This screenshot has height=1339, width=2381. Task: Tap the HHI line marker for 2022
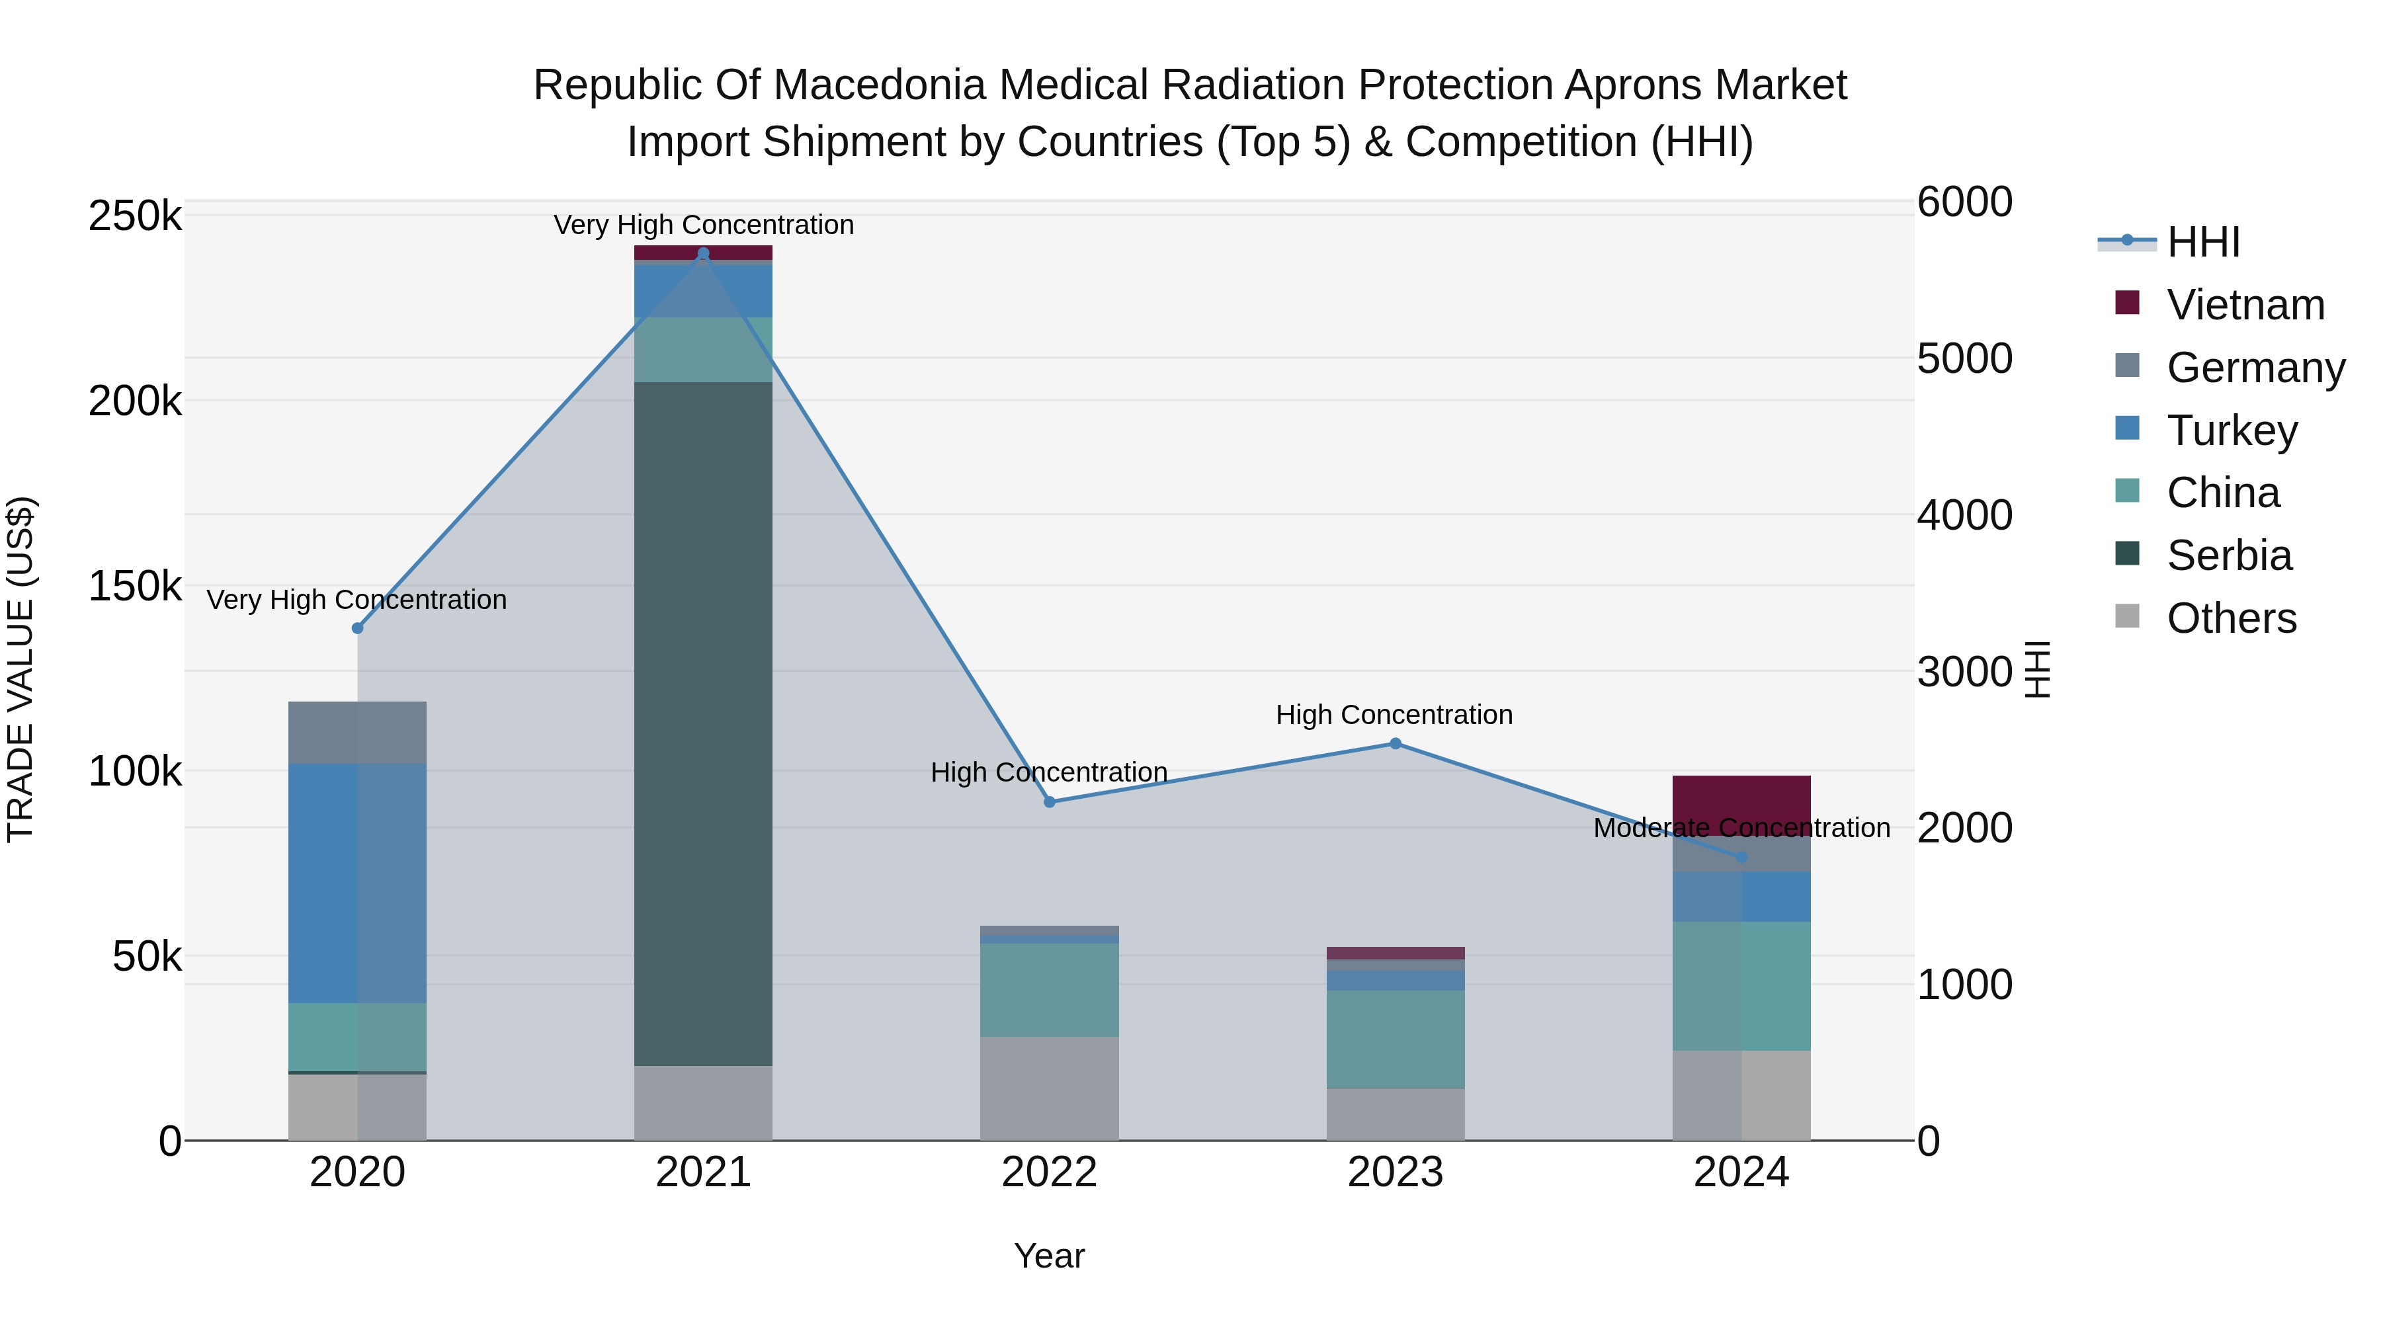click(x=1049, y=802)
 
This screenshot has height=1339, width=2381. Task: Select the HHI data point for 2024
click(x=1741, y=858)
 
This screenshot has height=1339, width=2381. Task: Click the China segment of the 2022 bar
click(x=1049, y=990)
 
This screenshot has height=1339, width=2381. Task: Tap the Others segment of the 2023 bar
click(x=1395, y=1114)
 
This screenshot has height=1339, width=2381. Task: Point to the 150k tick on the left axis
click(x=135, y=586)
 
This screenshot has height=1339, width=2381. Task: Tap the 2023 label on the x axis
click(x=1395, y=1172)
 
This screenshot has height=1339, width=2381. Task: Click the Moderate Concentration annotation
click(x=1741, y=828)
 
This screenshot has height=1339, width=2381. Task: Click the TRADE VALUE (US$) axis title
click(x=21, y=669)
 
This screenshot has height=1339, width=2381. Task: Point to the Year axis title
click(x=1049, y=1256)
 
